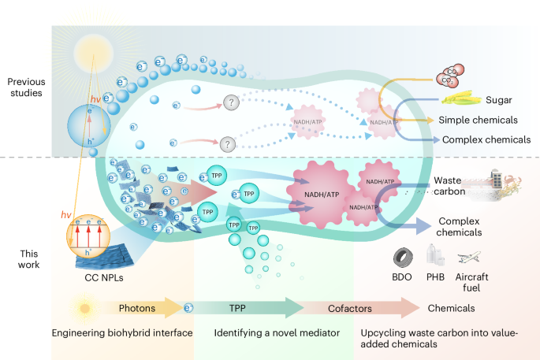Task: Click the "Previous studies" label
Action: [28, 87]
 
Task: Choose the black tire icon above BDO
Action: [403, 259]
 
